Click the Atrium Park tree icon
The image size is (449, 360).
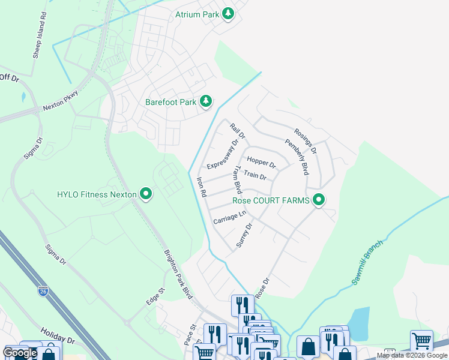228,13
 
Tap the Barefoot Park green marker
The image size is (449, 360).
206,101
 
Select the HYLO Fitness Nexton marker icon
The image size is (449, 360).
145,194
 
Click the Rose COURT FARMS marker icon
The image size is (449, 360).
319,200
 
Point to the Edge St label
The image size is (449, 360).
155,295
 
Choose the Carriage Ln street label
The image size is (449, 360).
229,218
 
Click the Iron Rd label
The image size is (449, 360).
202,187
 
